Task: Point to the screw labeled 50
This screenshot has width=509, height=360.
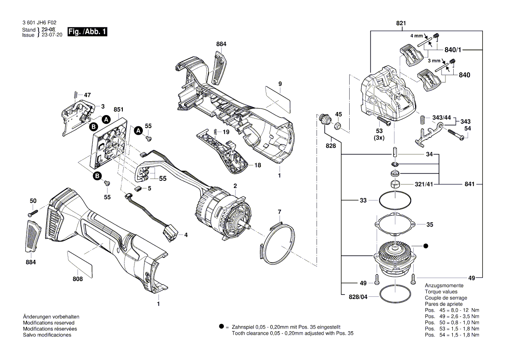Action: click(32, 213)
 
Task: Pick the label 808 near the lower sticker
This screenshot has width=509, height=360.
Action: click(78, 278)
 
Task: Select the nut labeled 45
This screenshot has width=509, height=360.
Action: click(337, 126)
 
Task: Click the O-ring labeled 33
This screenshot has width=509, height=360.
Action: click(394, 201)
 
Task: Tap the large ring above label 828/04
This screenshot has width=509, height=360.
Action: click(394, 294)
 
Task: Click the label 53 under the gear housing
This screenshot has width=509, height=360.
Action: click(380, 131)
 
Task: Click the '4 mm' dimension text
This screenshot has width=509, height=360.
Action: click(416, 35)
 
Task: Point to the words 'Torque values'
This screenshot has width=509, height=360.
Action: click(441, 291)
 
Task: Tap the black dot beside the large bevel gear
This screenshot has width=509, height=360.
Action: click(426, 246)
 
